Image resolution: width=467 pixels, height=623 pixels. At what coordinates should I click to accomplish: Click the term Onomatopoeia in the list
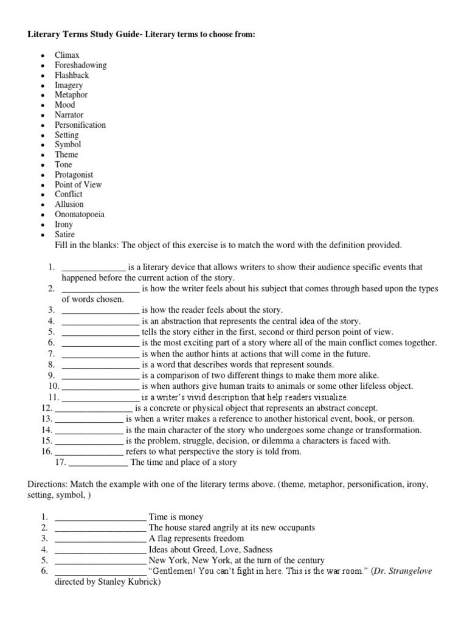pos(79,214)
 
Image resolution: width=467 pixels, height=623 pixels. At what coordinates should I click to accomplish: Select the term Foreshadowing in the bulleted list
pos(80,65)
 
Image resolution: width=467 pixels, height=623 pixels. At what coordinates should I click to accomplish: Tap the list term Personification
pos(80,125)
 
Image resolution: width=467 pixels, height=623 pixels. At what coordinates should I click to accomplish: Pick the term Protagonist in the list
pos(75,175)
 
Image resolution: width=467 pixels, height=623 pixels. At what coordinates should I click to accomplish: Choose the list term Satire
pos(65,234)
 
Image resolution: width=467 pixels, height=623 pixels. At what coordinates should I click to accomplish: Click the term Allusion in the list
pos(69,204)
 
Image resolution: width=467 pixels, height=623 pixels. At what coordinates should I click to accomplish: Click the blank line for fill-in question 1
pos(94,268)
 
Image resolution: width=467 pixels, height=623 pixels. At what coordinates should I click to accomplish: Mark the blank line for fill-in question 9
pos(100,375)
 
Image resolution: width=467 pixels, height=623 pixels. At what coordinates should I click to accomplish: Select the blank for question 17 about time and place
pos(98,462)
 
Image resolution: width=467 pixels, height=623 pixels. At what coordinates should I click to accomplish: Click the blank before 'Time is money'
pos(100,517)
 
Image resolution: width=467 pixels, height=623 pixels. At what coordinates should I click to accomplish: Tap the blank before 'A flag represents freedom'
pos(100,539)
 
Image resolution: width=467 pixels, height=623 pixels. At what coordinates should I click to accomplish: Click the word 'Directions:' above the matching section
pos(47,486)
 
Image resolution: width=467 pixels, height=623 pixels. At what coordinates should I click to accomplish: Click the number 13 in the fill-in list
pos(46,419)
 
